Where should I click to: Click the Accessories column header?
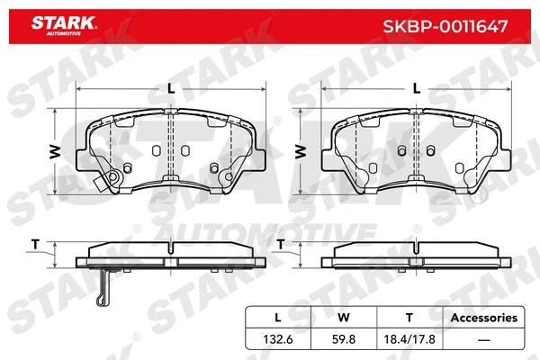(x=483, y=318)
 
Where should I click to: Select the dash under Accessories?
(x=483, y=338)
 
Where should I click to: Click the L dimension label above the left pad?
(x=171, y=88)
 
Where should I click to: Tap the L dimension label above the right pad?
(x=415, y=88)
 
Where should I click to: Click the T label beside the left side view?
(x=36, y=245)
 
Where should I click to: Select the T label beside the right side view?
(x=281, y=245)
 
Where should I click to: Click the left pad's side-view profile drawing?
(x=171, y=257)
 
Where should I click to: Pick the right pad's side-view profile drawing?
(x=415, y=257)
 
